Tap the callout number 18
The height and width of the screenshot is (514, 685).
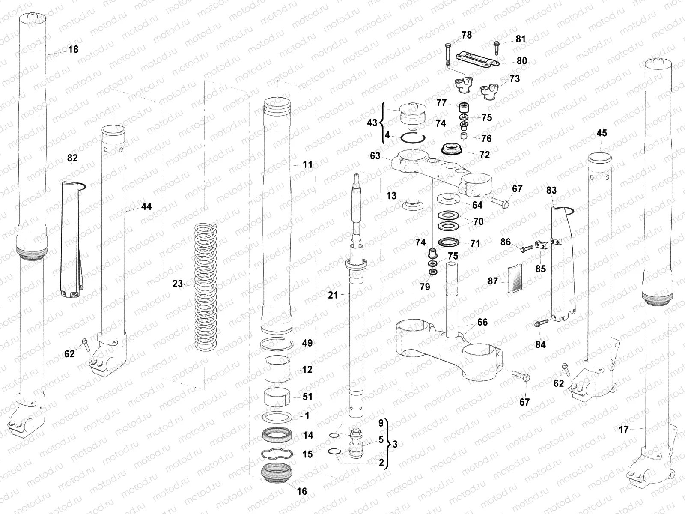73,49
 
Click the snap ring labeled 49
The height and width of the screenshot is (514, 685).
277,344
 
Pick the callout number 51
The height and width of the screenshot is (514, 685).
307,397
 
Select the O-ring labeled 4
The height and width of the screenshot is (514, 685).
413,138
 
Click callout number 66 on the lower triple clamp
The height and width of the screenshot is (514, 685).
482,322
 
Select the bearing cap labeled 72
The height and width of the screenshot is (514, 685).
452,150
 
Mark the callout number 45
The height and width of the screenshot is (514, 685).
602,133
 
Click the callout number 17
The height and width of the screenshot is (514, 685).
623,429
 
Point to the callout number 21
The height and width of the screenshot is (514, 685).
333,295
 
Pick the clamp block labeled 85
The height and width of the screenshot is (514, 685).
541,246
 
